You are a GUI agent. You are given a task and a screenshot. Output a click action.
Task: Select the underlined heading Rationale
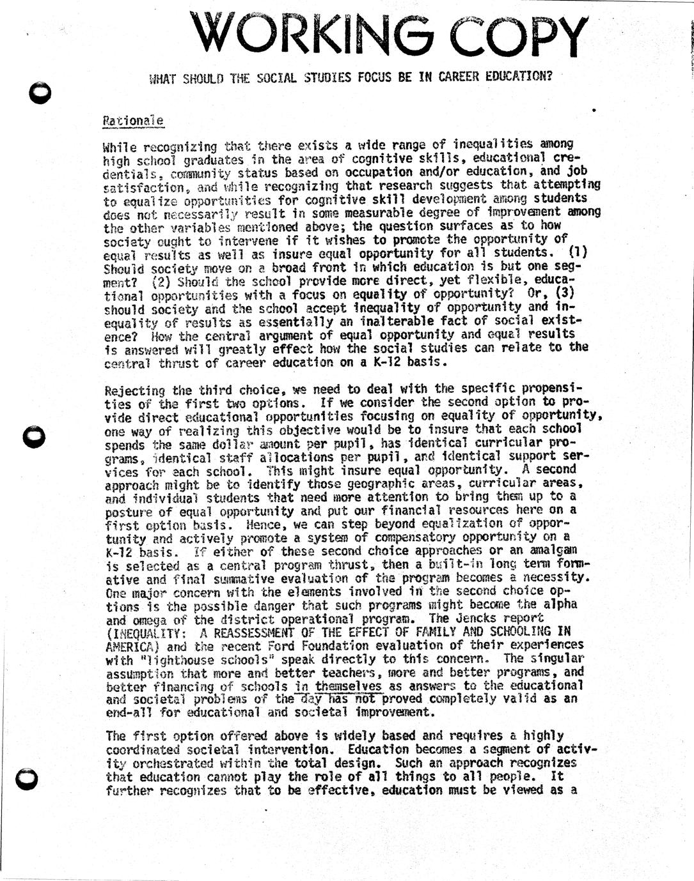click(133, 120)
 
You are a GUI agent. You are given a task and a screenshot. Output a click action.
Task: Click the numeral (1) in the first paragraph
click(578, 252)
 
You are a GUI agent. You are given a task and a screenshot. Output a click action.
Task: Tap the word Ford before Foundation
click(282, 645)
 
